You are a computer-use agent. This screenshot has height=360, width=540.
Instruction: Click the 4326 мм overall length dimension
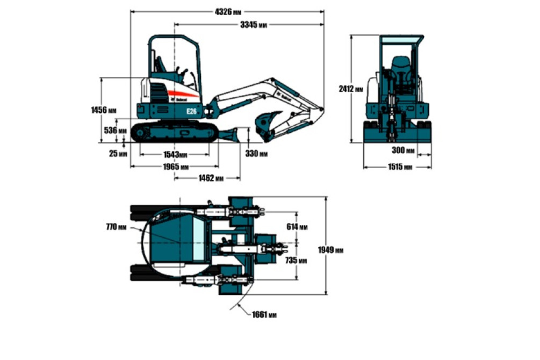(228, 12)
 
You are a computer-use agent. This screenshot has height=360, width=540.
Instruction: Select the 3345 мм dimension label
(254, 25)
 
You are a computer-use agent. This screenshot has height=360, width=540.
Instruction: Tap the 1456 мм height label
(104, 110)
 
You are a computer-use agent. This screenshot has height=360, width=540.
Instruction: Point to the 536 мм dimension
(115, 131)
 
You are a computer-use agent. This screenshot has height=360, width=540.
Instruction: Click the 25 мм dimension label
(118, 154)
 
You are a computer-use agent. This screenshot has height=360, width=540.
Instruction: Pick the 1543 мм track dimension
(175, 155)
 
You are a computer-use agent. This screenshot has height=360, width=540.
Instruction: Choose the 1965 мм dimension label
(176, 167)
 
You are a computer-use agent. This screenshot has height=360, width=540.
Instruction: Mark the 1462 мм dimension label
(211, 178)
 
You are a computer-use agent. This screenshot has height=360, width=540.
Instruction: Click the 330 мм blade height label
(256, 154)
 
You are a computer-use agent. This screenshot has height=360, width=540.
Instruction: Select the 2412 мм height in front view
(351, 89)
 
